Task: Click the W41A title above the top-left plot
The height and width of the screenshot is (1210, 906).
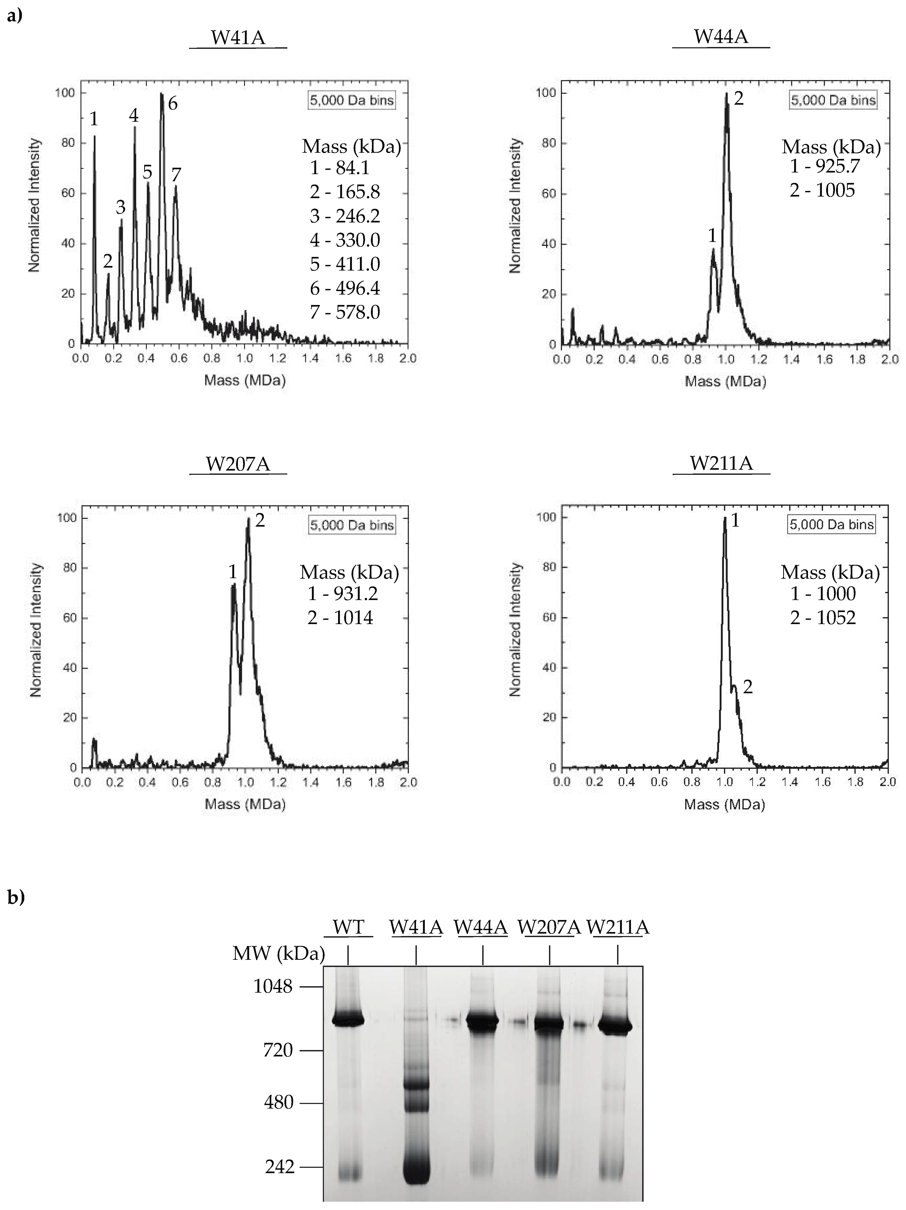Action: tap(238, 38)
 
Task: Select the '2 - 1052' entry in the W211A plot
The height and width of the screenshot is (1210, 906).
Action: tap(823, 618)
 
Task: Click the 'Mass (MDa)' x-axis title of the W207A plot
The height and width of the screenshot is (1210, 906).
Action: tap(245, 804)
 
